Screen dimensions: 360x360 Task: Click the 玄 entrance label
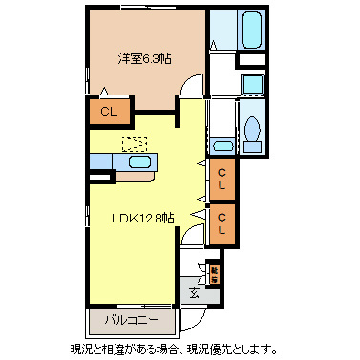pyautogui.click(x=194, y=293)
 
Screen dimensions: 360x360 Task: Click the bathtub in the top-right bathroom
pyautogui.click(x=251, y=27)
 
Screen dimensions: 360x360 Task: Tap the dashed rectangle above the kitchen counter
pyautogui.click(x=135, y=143)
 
